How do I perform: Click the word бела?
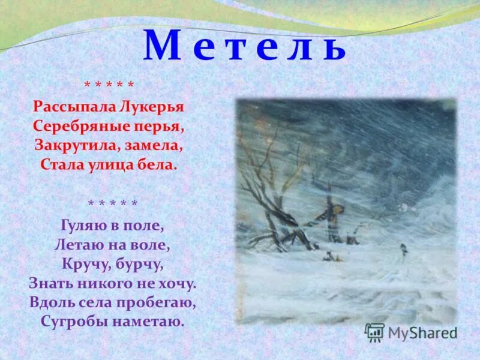click(x=158, y=164)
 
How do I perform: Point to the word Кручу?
click(x=85, y=264)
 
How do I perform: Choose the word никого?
click(x=106, y=283)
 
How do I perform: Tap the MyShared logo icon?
click(x=374, y=331)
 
